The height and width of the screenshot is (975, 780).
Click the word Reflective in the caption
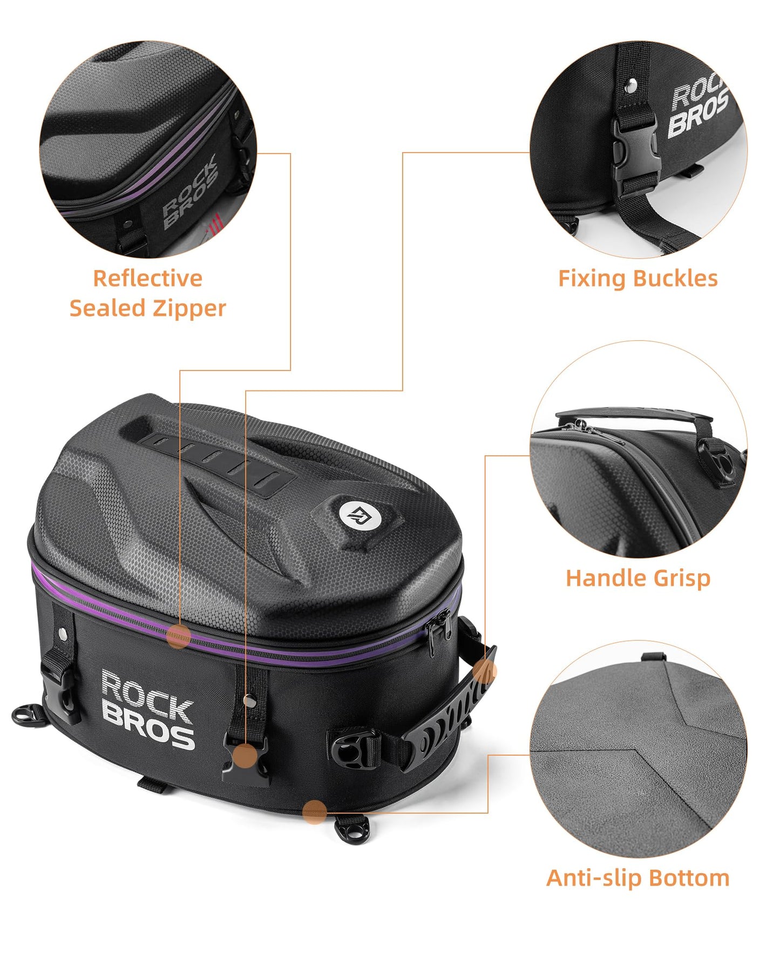147,279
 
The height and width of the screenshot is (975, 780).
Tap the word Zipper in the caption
189,309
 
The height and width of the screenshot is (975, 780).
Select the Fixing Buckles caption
637,279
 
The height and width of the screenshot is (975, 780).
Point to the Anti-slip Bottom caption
637,878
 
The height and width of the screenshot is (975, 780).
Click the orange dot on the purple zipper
179,637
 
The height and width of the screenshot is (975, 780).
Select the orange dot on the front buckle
246,756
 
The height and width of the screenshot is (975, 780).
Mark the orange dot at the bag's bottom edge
314,812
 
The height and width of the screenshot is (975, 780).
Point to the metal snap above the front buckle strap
248,700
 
